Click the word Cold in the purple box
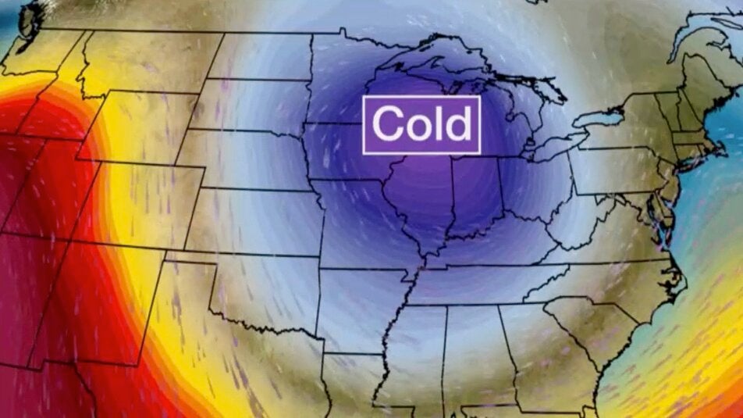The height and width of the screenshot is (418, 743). [x=421, y=123]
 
